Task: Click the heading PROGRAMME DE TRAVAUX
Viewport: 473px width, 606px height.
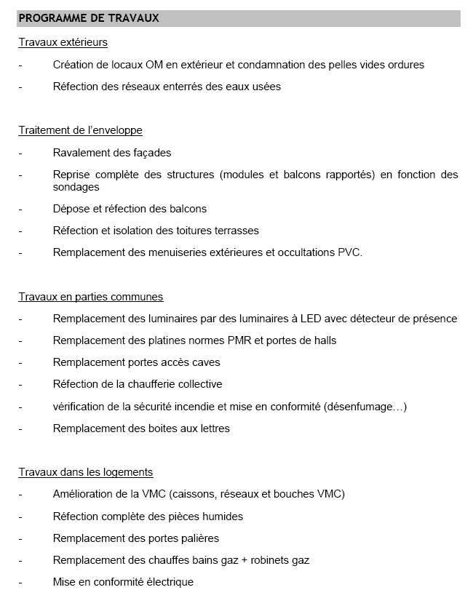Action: pyautogui.click(x=89, y=17)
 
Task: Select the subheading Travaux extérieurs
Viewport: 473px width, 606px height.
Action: pyautogui.click(x=63, y=42)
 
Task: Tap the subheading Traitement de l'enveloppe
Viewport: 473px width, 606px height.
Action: pyautogui.click(x=80, y=130)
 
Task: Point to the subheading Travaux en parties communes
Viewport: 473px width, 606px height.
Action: pyautogui.click(x=91, y=297)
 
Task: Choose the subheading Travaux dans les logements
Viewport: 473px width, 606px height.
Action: pyautogui.click(x=86, y=472)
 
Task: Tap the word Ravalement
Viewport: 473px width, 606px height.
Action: pyautogui.click(x=81, y=153)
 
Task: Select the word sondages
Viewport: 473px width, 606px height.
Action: pyautogui.click(x=76, y=187)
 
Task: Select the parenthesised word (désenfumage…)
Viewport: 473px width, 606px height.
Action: pyautogui.click(x=364, y=406)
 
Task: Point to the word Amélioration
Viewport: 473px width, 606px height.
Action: pyautogui.click(x=83, y=494)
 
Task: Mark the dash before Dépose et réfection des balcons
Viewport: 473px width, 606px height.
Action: pyautogui.click(x=21, y=210)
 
